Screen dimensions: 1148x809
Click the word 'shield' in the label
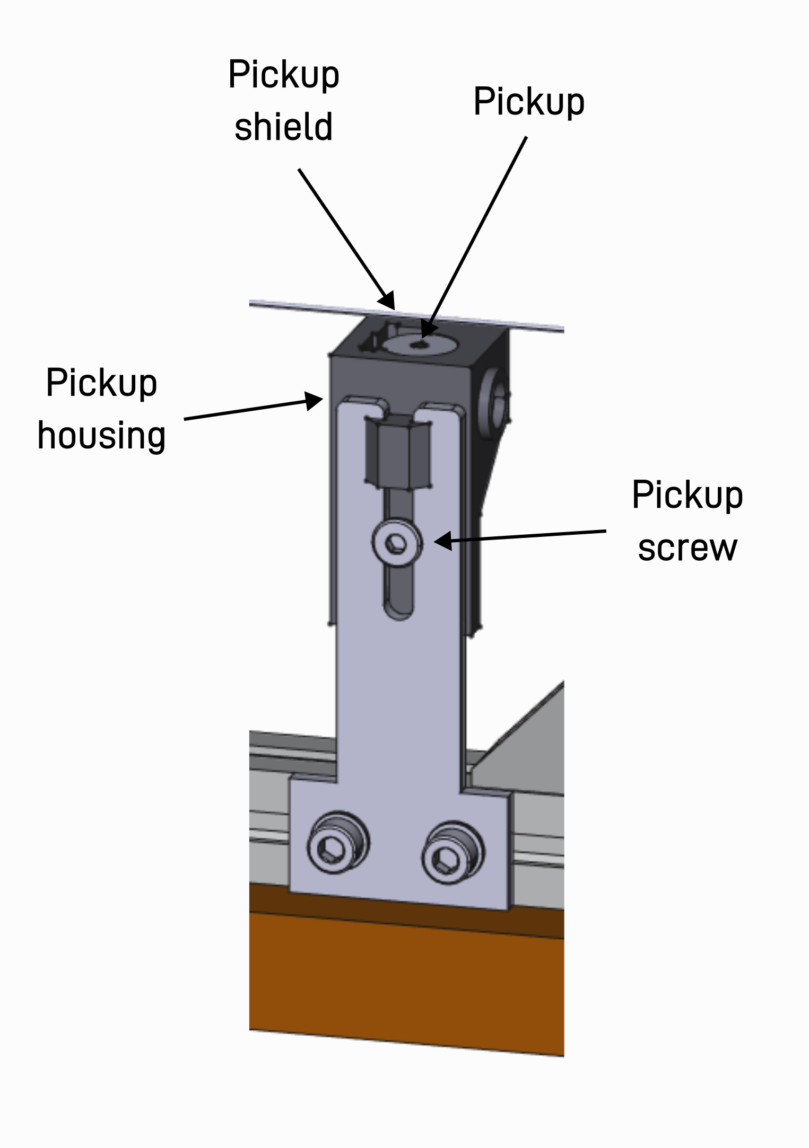pyautogui.click(x=283, y=127)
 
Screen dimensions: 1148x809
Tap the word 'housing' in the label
pyautogui.click(x=101, y=436)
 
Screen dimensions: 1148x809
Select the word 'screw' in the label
pyautogui.click(x=688, y=547)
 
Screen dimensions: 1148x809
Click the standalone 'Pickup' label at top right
pyautogui.click(x=529, y=101)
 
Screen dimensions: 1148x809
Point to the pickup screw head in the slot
pyautogui.click(x=397, y=543)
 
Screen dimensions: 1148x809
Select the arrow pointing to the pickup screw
pyautogui.click(x=520, y=536)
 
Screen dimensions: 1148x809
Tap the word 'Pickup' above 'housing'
pyautogui.click(x=101, y=383)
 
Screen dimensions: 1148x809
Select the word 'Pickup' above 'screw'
pyautogui.click(x=688, y=495)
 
